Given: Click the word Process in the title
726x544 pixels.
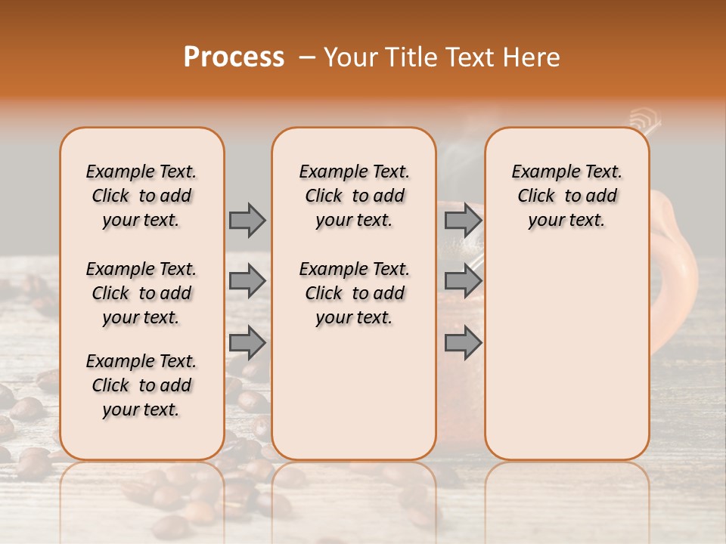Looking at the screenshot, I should click(234, 57).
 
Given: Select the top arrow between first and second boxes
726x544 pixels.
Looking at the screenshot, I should click(247, 220).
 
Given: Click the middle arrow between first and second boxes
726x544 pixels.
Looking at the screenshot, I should click(247, 281).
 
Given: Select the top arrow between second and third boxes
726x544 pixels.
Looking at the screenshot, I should click(463, 220).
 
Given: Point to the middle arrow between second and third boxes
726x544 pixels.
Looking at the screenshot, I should click(463, 281).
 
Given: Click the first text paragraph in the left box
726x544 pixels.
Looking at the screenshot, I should click(141, 196).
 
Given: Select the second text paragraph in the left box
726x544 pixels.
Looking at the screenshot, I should click(141, 293).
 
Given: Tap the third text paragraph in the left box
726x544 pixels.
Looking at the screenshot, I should click(141, 385).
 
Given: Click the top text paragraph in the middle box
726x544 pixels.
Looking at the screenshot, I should click(354, 196).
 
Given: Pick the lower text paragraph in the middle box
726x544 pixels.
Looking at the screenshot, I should click(354, 293).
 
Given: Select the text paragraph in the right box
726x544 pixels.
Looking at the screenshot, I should click(566, 196).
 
